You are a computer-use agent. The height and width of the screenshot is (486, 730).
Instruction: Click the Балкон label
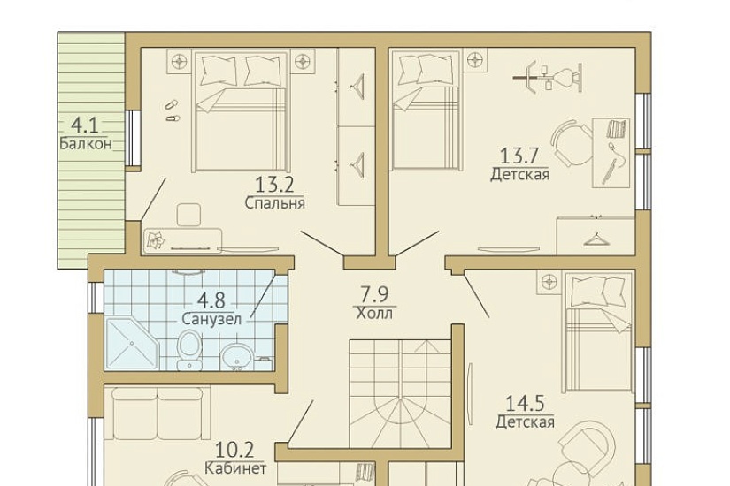86,144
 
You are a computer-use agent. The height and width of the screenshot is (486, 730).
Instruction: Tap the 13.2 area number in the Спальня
274,185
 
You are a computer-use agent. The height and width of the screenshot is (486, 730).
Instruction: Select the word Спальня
274,203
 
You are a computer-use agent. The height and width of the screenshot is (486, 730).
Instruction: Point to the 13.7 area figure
519,156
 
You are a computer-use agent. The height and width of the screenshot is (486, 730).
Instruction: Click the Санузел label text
211,319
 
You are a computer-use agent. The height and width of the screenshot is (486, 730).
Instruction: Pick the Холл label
374,313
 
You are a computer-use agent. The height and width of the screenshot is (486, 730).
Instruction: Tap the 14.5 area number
525,403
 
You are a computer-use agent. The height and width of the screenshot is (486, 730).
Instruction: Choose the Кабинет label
235,467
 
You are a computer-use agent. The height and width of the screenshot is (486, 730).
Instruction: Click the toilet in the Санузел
189,350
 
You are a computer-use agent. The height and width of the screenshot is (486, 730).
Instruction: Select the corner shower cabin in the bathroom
131,344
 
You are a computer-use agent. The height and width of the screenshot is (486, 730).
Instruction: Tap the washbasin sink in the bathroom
237,357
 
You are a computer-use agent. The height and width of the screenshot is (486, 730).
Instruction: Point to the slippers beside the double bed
172,110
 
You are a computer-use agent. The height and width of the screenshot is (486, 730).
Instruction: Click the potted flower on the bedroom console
156,240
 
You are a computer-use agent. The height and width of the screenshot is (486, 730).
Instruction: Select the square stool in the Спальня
188,215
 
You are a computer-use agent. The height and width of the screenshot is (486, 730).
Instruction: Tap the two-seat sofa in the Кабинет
158,414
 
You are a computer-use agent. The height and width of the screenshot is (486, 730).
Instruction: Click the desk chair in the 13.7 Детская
565,142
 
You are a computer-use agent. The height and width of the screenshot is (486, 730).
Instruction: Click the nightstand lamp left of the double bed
179,61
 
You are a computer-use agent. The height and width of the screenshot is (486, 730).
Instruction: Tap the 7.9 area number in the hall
375,294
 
